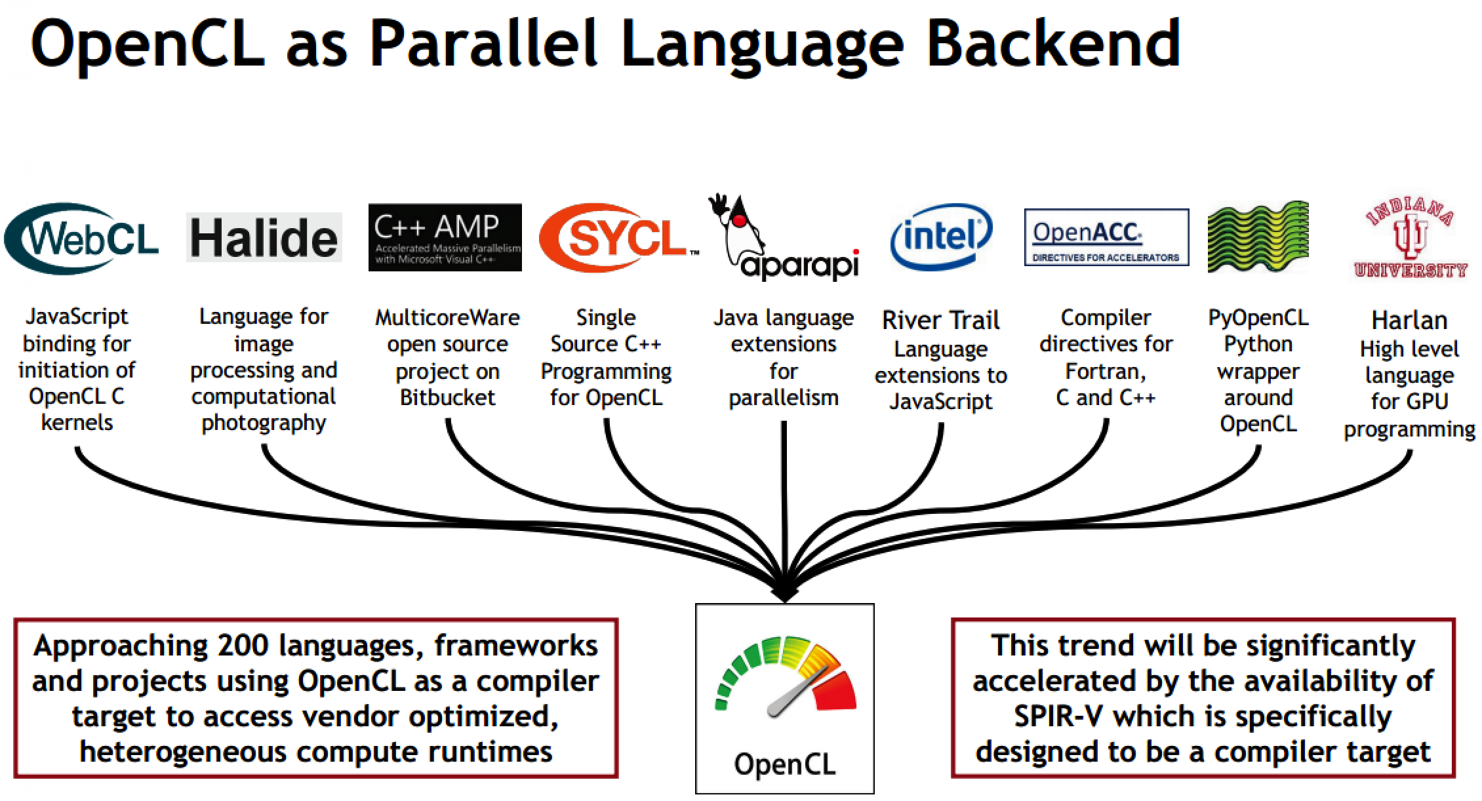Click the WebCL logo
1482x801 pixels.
(x=81, y=239)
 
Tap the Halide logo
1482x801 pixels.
(x=264, y=237)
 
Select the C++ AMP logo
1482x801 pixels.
(x=445, y=237)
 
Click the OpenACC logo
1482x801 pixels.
(x=1106, y=237)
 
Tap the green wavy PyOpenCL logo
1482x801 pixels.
(x=1258, y=237)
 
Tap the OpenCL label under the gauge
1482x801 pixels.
(x=784, y=764)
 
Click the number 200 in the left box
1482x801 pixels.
(x=241, y=646)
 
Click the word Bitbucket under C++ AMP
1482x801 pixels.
(x=447, y=398)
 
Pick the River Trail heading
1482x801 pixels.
(x=940, y=321)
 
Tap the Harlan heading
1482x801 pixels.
(x=1409, y=321)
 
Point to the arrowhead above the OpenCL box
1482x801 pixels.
(x=784, y=594)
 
